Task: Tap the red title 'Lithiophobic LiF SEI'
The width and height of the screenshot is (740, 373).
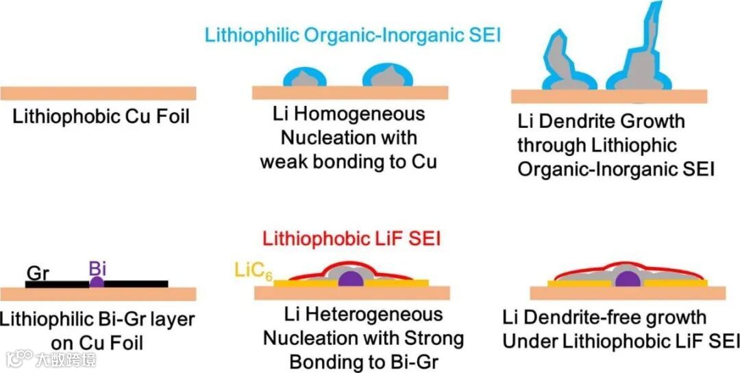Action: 350,239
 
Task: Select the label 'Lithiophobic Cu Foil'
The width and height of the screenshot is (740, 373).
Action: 101,117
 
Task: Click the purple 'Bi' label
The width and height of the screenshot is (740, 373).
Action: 97,268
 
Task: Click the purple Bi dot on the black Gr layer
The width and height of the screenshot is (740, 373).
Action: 97,282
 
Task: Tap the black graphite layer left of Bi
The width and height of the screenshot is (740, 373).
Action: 58,283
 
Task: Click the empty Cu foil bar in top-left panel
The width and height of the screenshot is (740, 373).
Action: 99,94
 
